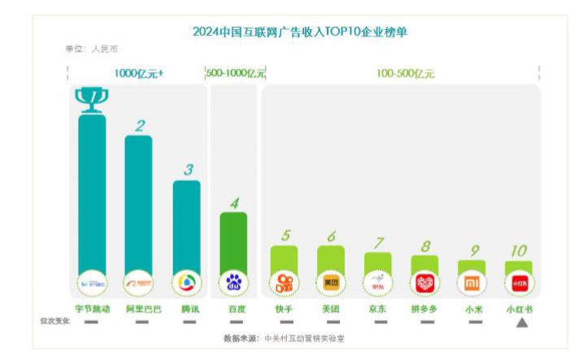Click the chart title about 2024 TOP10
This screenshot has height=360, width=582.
coord(299,33)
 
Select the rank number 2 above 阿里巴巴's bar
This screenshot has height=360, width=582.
coord(140,126)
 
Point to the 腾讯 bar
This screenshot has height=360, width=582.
coord(187,228)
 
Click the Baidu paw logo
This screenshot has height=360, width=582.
coord(234,283)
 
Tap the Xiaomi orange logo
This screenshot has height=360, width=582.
coord(471,283)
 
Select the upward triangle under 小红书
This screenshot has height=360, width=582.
coord(522,323)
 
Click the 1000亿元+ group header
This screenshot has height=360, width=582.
coord(138,73)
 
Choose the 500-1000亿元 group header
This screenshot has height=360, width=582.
coord(236,73)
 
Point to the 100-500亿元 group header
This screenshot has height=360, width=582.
coord(405,73)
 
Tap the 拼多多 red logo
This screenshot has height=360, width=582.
coord(425,283)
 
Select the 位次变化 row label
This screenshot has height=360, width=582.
coord(55,321)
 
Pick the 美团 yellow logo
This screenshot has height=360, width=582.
coord(331,283)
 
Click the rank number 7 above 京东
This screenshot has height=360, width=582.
coord(378,243)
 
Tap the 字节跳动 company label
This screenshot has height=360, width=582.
coord(91,309)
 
